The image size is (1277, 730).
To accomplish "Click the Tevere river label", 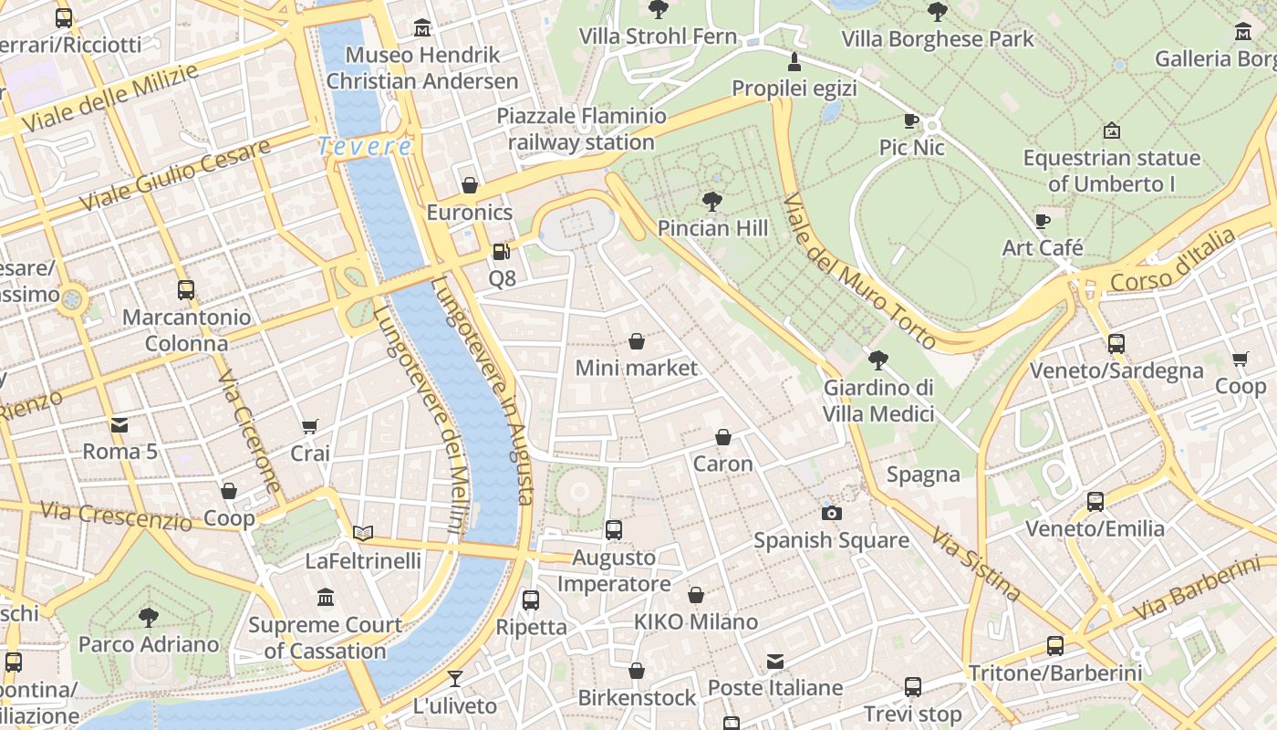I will (365, 146).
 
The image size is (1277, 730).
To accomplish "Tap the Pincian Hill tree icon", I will (712, 202).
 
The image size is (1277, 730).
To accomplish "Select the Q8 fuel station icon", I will (501, 252).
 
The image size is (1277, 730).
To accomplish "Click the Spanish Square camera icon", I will (831, 513).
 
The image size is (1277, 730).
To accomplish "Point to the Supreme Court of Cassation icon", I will (326, 598).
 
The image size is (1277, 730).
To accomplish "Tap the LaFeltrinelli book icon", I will (363, 533).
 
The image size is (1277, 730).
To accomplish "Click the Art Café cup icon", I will (1043, 221).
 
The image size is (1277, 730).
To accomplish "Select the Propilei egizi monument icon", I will (794, 62).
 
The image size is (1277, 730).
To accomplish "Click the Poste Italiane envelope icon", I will (775, 661).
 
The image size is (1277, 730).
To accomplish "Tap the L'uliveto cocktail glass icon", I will (454, 678).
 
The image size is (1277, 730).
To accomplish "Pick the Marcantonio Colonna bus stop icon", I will (186, 290).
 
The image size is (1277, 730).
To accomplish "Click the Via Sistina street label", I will (975, 563).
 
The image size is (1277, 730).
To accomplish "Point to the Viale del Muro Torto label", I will (859, 271).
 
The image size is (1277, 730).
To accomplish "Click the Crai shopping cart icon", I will (310, 426).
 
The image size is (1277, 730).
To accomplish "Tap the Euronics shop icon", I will (470, 186).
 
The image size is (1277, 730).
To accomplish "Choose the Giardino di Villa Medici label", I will (878, 401).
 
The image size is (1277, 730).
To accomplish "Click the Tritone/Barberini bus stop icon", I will (1055, 646).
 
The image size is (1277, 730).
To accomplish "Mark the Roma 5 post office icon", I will (119, 424).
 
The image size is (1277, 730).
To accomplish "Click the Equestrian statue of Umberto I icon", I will (1111, 130).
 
